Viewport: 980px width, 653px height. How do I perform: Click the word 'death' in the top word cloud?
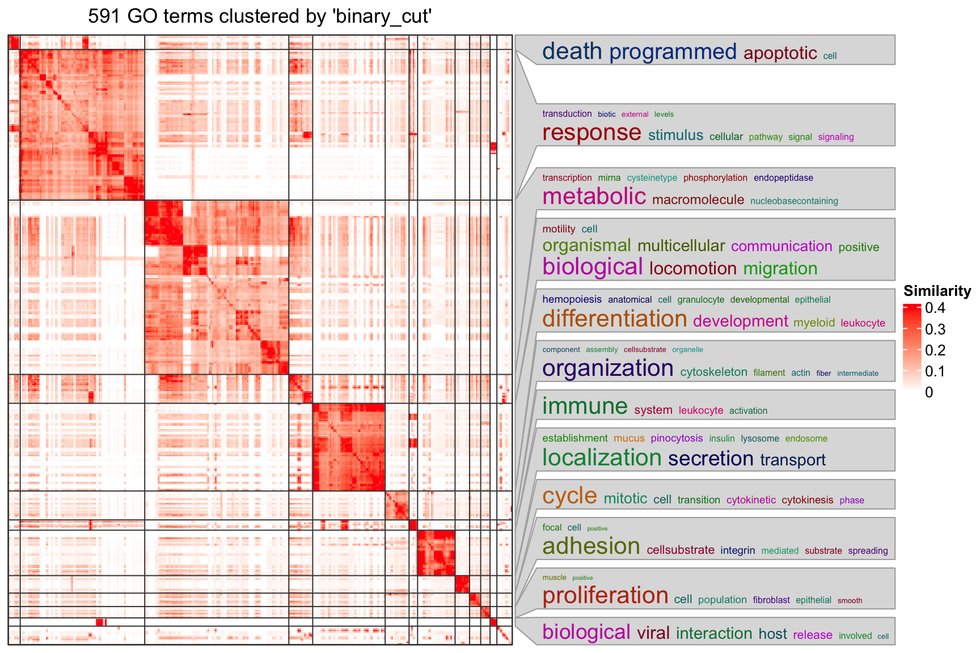[x=572, y=52]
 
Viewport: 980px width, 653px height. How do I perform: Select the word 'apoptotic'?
[x=780, y=53]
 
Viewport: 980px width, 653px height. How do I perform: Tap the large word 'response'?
[x=592, y=133]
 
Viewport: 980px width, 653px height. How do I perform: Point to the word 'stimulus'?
[x=675, y=135]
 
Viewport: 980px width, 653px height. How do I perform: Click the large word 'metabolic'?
[x=594, y=197]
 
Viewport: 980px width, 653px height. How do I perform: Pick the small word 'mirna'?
[x=609, y=178]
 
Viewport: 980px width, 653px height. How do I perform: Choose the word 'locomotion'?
[x=692, y=269]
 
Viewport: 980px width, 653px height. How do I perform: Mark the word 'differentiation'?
[x=614, y=319]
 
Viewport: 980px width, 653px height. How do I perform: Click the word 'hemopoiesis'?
[x=572, y=299]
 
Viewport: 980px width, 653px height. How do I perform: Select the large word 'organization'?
[x=607, y=368]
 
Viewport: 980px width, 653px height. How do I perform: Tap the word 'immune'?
[x=585, y=406]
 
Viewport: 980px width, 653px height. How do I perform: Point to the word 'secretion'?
[x=711, y=459]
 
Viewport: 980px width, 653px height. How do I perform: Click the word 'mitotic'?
[x=625, y=499]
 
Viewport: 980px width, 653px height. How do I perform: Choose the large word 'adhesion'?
[x=591, y=546]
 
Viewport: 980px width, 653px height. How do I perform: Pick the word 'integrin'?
[x=737, y=550]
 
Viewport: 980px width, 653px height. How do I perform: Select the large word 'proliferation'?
[x=605, y=596]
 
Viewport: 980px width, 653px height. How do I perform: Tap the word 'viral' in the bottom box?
[x=653, y=633]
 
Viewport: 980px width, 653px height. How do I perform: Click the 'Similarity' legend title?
[x=937, y=291]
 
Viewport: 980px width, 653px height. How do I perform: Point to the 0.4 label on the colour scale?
[x=935, y=308]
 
